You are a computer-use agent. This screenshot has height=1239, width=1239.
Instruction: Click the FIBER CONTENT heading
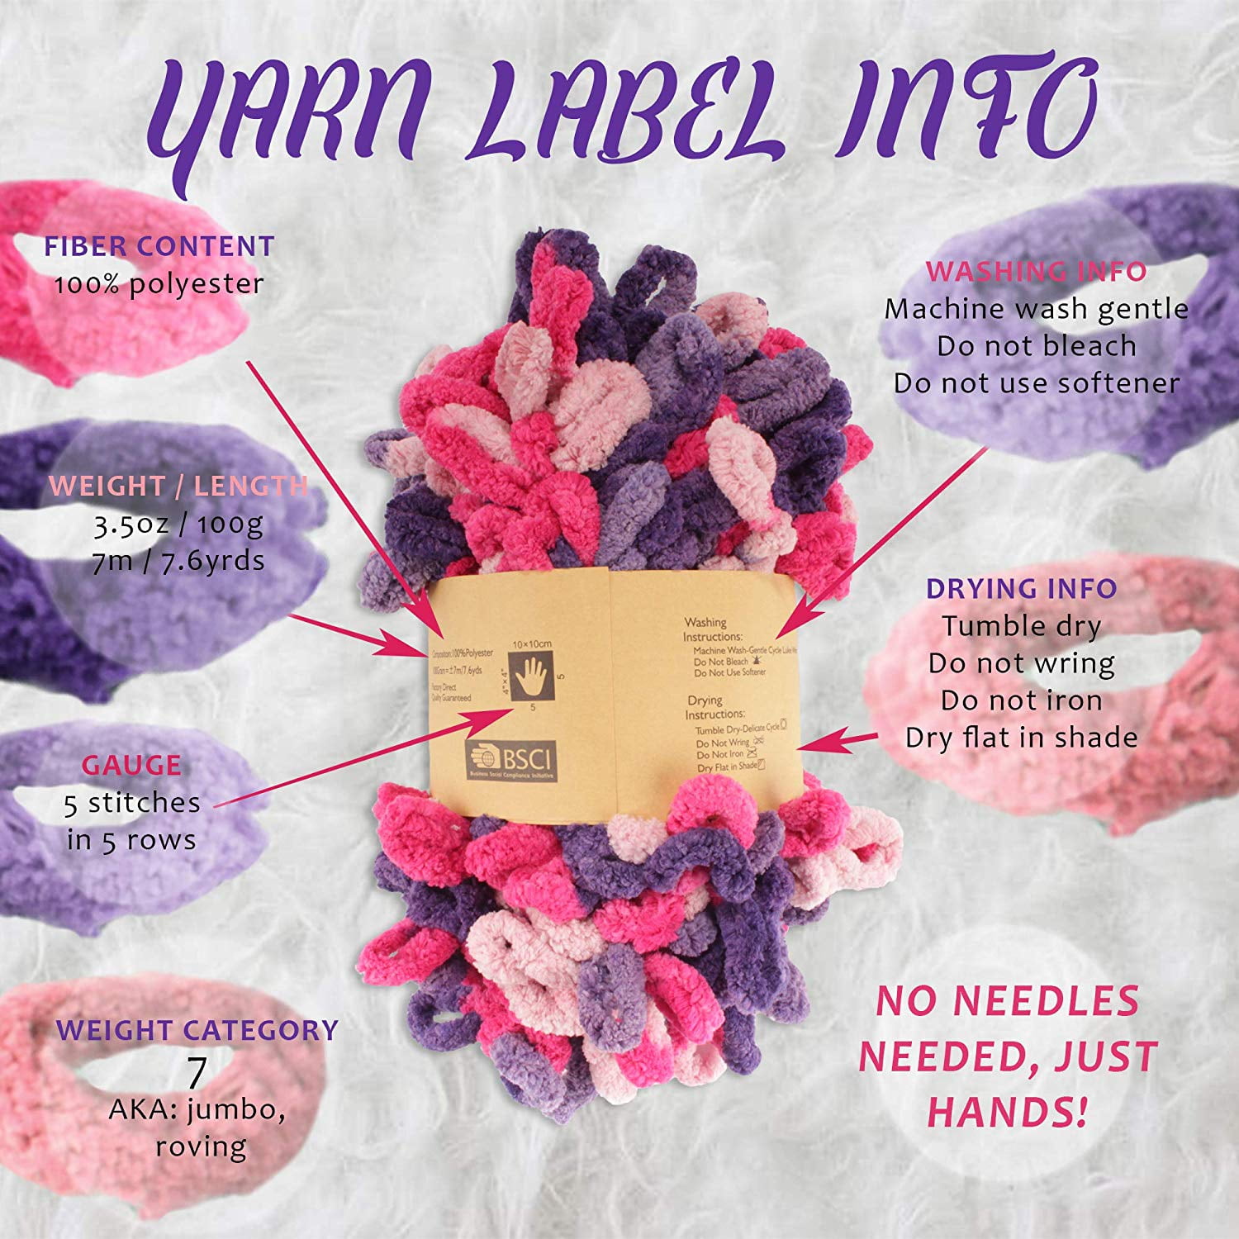159,246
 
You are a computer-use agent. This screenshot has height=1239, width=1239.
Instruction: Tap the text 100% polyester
159,284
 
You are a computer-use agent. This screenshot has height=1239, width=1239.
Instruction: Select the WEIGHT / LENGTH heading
178,486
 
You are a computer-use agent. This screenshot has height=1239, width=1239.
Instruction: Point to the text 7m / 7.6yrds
178,561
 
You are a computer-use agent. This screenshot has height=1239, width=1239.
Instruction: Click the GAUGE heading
131,765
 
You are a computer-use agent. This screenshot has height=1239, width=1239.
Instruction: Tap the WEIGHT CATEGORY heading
197,1030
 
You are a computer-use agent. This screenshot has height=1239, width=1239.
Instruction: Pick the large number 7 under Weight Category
197,1072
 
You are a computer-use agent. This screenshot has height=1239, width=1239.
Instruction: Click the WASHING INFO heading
1036,272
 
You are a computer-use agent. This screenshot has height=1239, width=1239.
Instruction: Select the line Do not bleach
1036,346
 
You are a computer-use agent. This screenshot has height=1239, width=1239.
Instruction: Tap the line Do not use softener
1036,383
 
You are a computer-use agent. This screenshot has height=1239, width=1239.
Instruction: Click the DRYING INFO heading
1021,589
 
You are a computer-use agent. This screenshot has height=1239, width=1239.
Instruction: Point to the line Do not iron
1021,700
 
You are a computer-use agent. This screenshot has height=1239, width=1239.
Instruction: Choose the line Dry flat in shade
1021,738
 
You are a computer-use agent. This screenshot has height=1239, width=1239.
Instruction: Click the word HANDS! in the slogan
1006,1111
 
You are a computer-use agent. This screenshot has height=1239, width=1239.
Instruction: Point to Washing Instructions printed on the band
712,629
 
